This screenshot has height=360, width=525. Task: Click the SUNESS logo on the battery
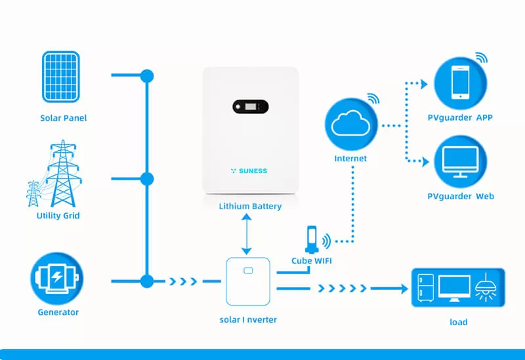pos(249,170)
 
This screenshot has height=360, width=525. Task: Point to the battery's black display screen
pos(251,106)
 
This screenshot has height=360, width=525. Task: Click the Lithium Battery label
pos(250,207)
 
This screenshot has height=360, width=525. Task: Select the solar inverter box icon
pos(247,281)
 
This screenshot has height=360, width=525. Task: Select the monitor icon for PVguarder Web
pos(460,161)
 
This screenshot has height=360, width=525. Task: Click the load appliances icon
pos(457,287)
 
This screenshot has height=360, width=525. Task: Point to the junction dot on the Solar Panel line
pos(147,76)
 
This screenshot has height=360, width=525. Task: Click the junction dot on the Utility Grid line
pos(147,178)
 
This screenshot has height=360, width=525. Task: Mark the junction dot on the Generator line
pos(147,281)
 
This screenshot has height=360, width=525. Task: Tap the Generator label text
pos(58,313)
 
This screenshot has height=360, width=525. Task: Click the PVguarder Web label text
pos(461,196)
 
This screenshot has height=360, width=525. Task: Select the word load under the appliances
pos(458,322)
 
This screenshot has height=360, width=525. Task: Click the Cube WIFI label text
pos(312,260)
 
